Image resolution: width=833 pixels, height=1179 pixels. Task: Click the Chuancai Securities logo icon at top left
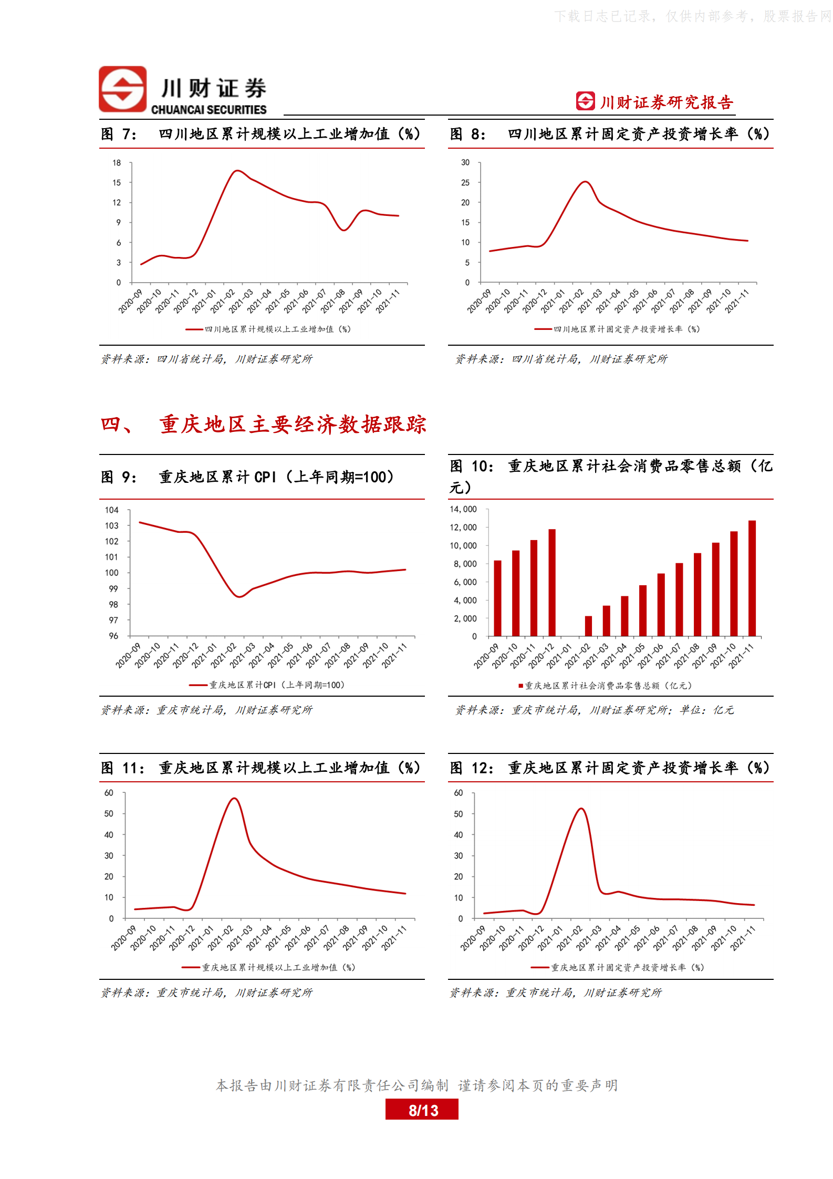pos(123,89)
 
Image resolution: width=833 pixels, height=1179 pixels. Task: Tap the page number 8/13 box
pos(422,1110)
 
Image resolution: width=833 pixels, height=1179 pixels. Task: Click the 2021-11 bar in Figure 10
pos(752,578)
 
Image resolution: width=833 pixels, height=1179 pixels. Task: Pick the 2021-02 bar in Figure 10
pos(588,626)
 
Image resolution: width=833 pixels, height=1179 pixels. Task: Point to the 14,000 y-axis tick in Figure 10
pos(463,509)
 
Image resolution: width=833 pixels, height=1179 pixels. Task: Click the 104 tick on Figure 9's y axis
pos(112,510)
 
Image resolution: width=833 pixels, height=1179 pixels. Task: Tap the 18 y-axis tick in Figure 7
pos(117,163)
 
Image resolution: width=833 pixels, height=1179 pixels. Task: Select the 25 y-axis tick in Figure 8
pos(465,183)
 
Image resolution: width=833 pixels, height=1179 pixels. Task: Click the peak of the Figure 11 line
pos(234,799)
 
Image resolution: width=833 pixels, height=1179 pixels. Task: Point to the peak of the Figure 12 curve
pos(581,809)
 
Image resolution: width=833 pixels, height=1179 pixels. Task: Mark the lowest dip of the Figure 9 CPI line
pos(240,596)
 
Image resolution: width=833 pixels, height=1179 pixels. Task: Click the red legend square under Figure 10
pos(520,686)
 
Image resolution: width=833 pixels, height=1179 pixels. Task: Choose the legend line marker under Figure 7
pos(194,329)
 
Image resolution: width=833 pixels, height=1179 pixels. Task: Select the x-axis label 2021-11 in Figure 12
pos(743,938)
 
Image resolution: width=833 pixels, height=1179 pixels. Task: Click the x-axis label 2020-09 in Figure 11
pos(123,938)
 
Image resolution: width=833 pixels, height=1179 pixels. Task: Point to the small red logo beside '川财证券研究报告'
pos(585,101)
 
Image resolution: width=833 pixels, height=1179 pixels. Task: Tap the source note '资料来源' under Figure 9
pos(125,710)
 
